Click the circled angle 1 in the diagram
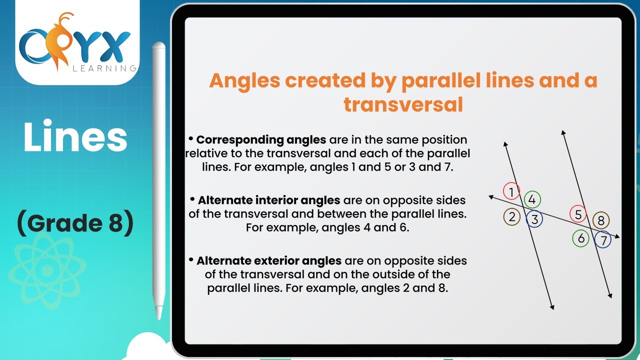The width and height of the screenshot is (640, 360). [511, 191]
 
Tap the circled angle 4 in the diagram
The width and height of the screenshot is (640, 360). [532, 200]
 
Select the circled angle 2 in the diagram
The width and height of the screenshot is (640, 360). [511, 217]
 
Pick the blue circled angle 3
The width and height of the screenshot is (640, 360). [534, 219]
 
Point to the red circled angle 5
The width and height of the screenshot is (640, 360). [578, 214]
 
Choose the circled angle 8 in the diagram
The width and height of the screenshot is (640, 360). [601, 220]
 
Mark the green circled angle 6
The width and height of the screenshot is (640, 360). [581, 238]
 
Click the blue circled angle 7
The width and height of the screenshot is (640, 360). [603, 240]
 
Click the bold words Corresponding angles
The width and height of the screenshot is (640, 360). [261, 139]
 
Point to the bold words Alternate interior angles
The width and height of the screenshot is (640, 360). [269, 200]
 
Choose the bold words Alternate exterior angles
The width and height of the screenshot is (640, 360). [269, 260]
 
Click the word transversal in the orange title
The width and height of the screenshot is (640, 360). [403, 104]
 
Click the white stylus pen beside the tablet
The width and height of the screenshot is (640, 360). [159, 180]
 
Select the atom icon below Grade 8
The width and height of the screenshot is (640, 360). [46, 270]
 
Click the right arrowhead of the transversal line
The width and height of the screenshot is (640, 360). [617, 237]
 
